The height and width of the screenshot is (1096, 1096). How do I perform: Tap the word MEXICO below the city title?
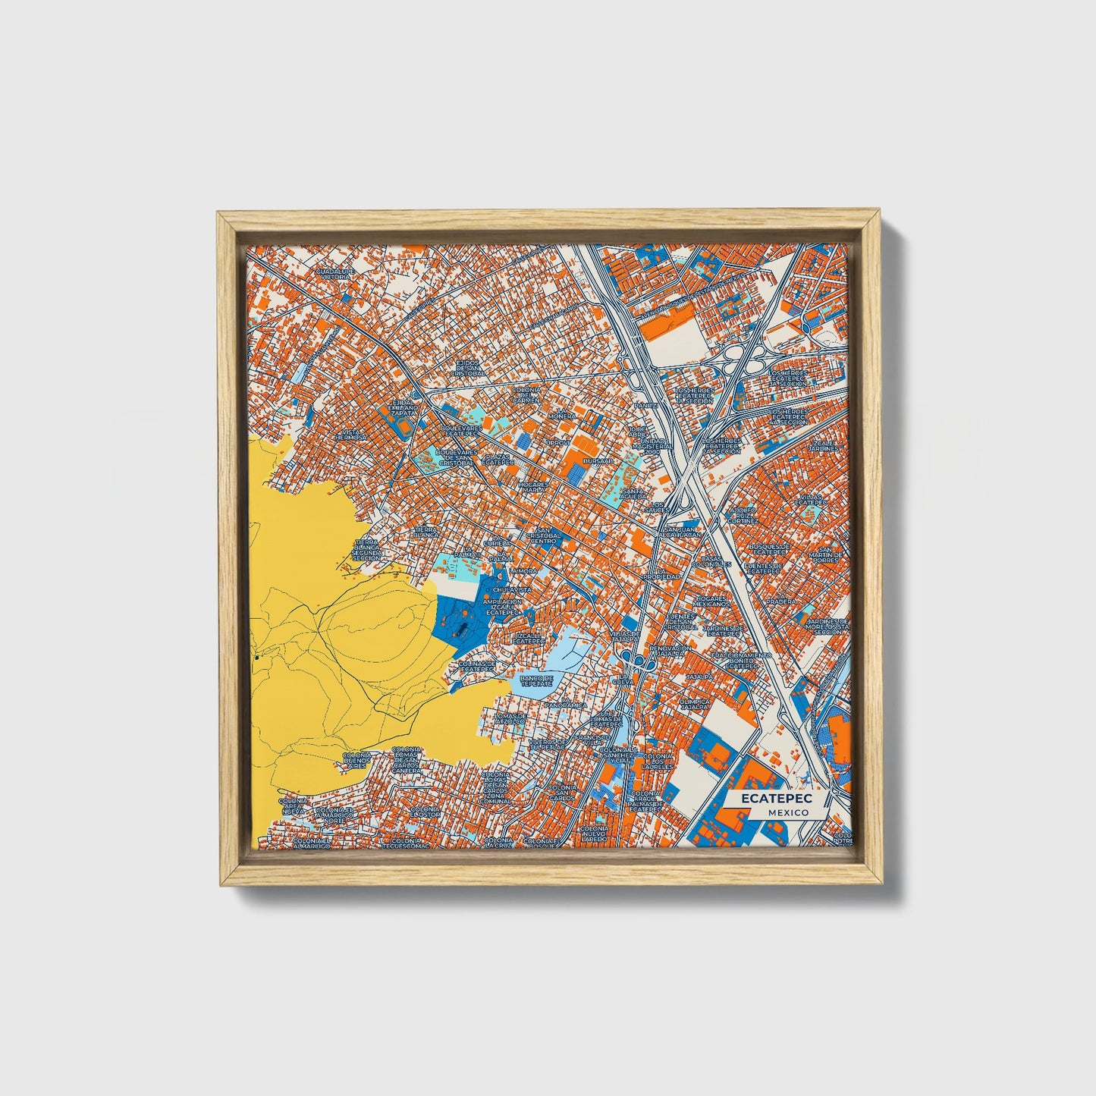coord(787,812)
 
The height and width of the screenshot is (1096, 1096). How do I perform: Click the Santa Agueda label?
coord(633,494)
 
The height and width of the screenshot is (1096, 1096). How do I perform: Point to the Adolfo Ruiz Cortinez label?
coord(743,515)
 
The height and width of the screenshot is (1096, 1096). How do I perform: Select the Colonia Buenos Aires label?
coord(356,761)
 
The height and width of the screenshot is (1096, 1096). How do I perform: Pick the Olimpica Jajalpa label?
coord(697,705)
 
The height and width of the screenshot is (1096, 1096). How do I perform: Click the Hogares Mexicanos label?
coord(711,601)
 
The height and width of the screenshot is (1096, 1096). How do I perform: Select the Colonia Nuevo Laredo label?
coord(593,834)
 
